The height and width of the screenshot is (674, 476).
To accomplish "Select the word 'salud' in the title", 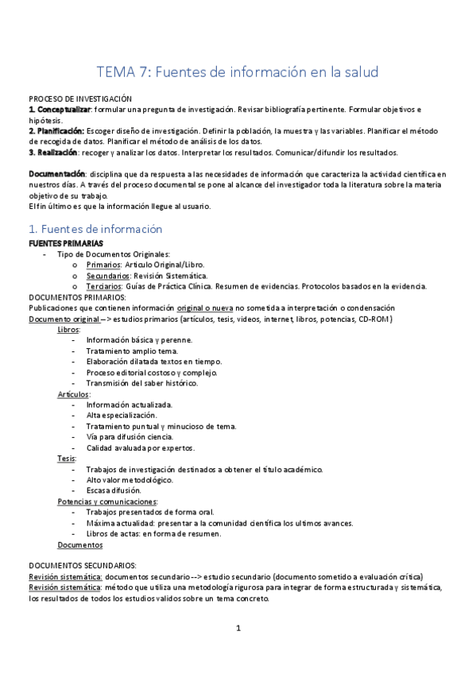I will pyautogui.click(x=356, y=72).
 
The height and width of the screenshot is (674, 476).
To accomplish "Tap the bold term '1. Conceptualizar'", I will pyautogui.click(x=59, y=109).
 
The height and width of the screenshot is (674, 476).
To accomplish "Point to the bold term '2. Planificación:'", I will pyautogui.click(x=56, y=130).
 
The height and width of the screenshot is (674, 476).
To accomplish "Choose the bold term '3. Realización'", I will pyautogui.click(x=52, y=153).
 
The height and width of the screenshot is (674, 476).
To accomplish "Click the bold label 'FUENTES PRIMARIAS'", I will pyautogui.click(x=65, y=242).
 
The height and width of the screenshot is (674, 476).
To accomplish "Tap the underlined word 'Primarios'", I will pyautogui.click(x=103, y=265).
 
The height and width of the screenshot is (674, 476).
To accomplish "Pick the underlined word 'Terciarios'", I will pyautogui.click(x=104, y=286).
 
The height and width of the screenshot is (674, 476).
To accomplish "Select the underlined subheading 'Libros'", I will pyautogui.click(x=68, y=329).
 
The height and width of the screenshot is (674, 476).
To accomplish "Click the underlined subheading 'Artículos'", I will pyautogui.click(x=73, y=394).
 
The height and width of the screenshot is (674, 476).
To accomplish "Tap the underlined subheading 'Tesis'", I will pyautogui.click(x=66, y=459).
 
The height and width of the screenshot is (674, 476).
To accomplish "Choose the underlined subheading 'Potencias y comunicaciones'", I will pyautogui.click(x=106, y=502).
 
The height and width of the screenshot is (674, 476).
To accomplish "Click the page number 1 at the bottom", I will pyautogui.click(x=238, y=628).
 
